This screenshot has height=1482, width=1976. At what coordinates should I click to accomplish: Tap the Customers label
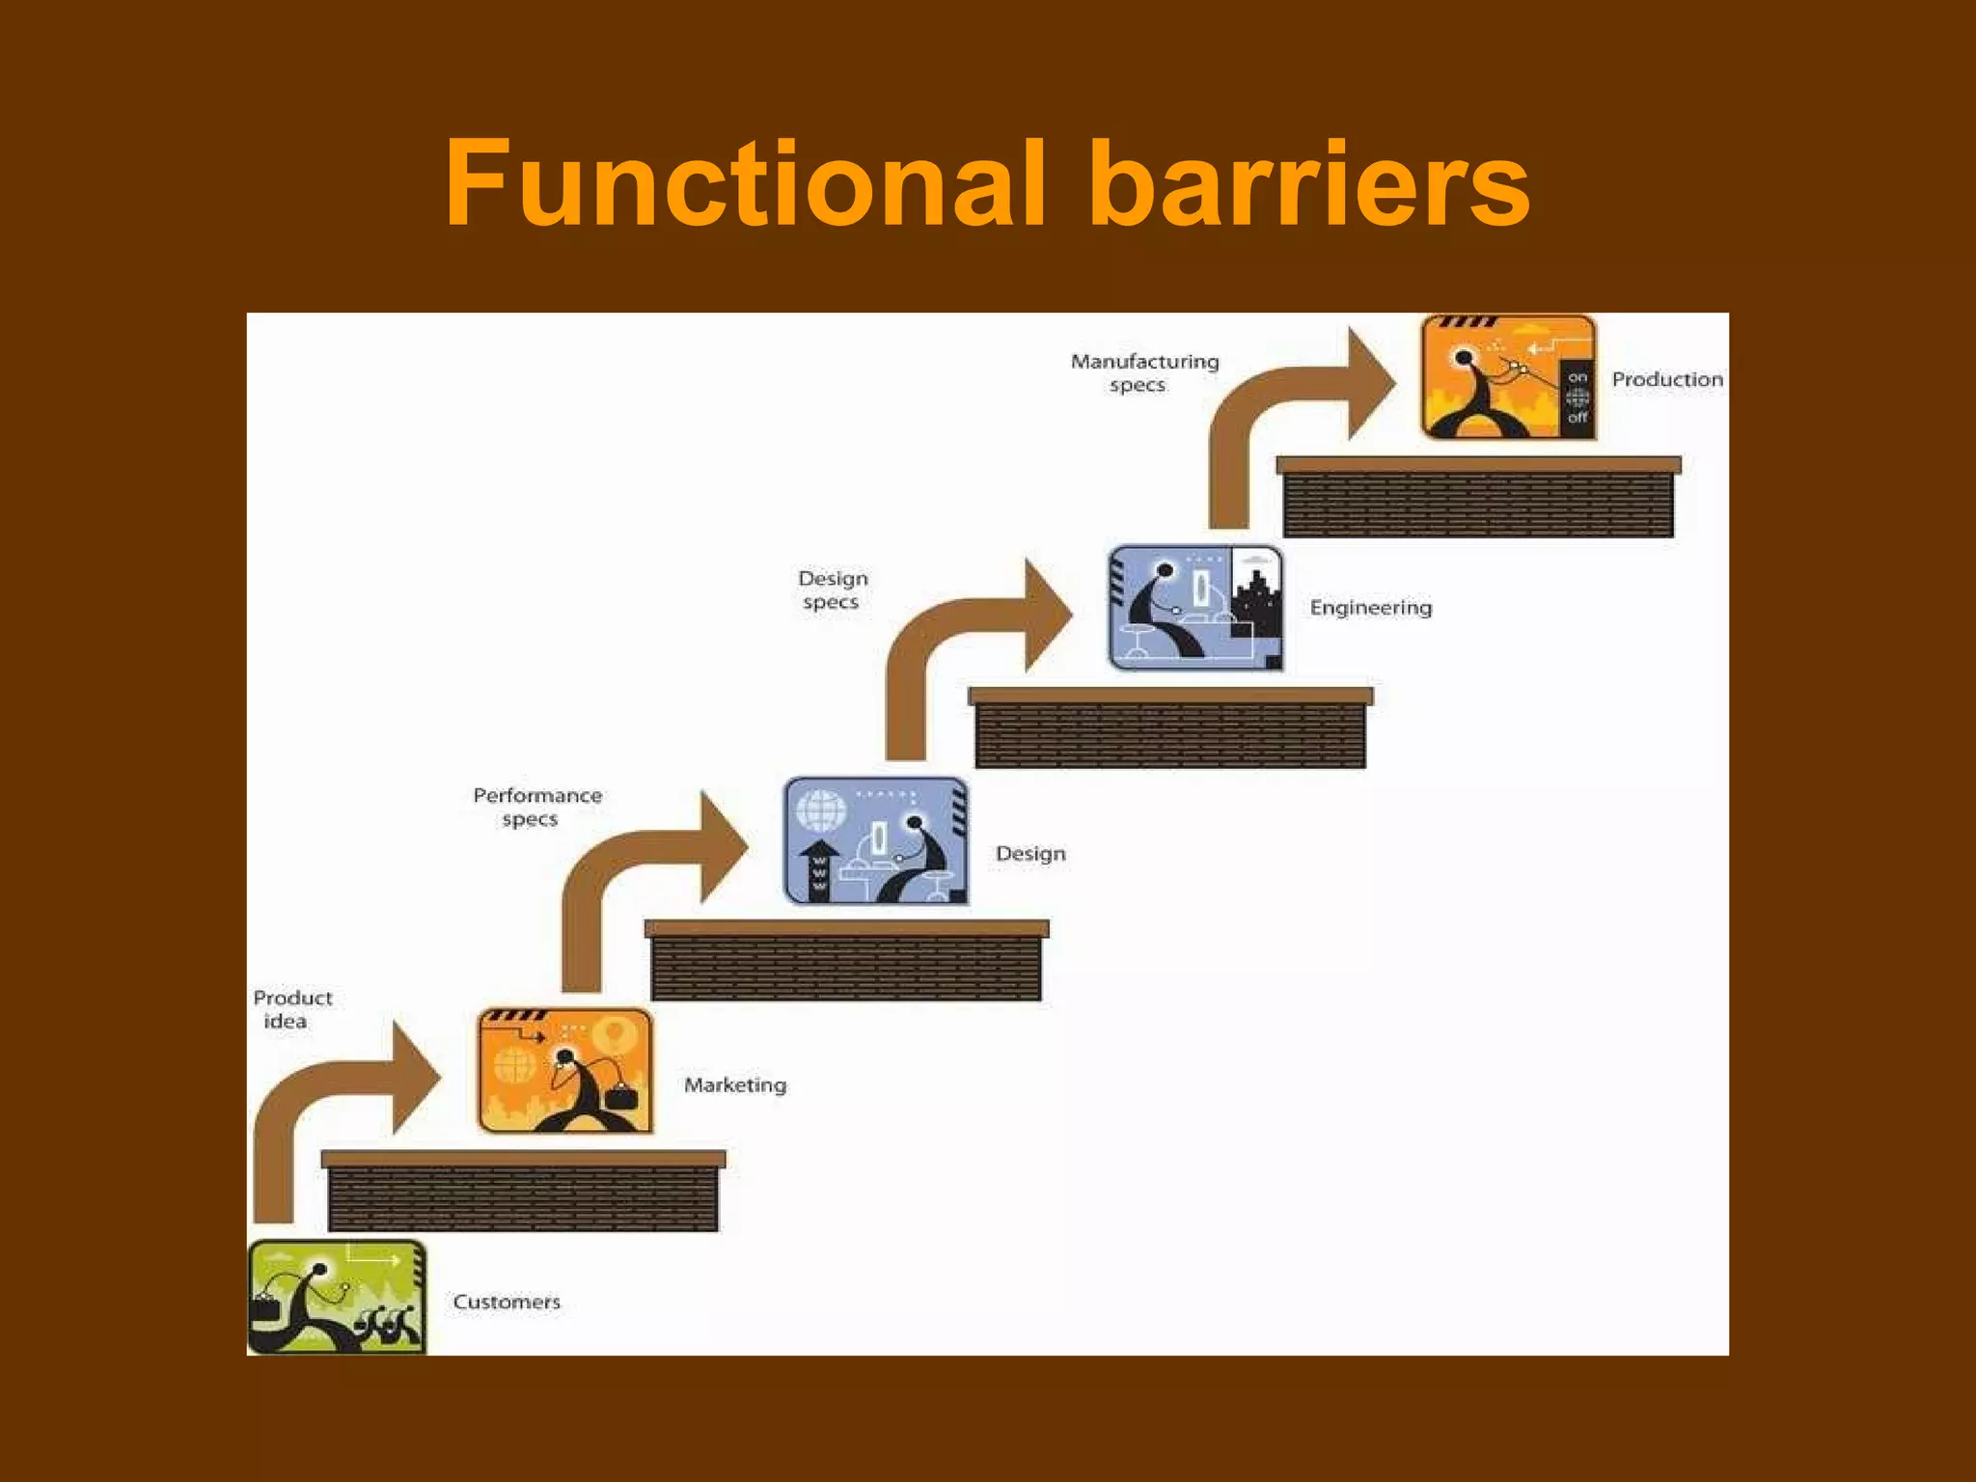pos(507,1302)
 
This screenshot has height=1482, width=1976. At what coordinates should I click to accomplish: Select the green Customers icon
pos(337,1297)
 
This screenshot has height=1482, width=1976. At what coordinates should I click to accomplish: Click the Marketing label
pos(735,1084)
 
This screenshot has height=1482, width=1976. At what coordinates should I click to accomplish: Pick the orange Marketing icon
pos(565,1070)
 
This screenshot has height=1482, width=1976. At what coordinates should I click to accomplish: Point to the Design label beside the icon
pos(1030,853)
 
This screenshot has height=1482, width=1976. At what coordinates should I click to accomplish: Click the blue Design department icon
pos(875,840)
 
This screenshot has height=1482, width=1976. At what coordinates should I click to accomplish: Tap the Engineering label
pos(1370,607)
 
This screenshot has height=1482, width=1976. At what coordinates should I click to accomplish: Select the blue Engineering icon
pos(1195,607)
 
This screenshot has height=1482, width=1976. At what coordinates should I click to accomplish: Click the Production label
pos(1666,379)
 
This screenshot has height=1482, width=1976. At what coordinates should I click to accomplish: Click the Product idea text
pos(291,1009)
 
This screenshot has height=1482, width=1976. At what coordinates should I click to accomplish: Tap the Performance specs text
pos(536,807)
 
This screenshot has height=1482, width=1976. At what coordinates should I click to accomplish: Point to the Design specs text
pos(832,590)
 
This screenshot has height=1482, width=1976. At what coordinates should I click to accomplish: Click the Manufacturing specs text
pos(1144,372)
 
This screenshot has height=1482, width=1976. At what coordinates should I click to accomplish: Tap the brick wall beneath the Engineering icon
pos(1169,733)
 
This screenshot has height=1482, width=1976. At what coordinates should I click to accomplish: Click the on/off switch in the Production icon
pos(1577,398)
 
